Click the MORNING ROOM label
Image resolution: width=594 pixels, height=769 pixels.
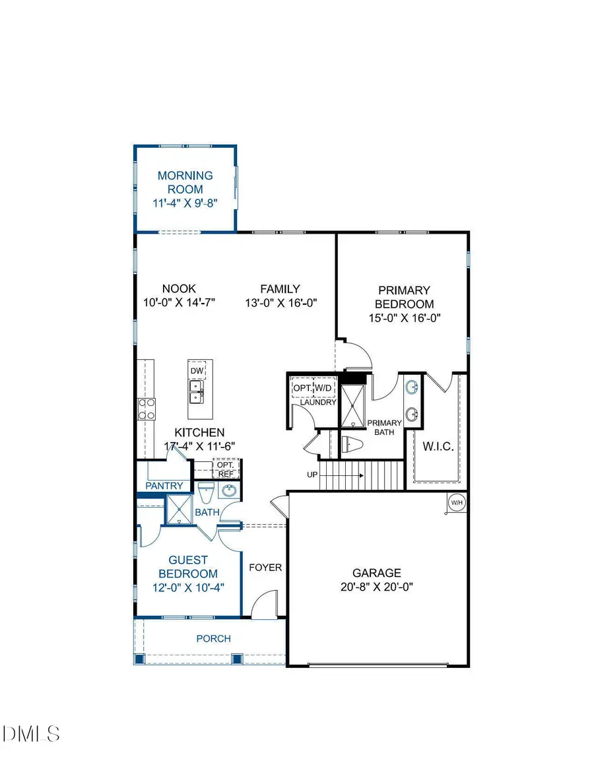(185, 182)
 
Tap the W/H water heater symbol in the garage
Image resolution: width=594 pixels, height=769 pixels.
(456, 503)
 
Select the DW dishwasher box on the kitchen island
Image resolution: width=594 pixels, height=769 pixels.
(197, 370)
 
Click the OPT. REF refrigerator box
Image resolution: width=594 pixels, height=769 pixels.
(225, 469)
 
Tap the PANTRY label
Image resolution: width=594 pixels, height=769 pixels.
(164, 486)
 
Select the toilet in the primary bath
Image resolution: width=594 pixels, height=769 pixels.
(352, 445)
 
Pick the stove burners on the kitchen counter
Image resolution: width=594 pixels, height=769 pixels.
(146, 409)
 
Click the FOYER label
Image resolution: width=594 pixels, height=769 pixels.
(265, 567)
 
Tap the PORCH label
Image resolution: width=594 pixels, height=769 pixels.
(214, 638)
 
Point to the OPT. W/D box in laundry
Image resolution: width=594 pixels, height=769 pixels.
(314, 387)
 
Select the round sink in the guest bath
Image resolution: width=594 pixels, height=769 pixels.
(229, 492)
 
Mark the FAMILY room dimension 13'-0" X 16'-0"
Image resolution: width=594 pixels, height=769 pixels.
(280, 302)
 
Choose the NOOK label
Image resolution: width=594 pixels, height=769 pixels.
(179, 288)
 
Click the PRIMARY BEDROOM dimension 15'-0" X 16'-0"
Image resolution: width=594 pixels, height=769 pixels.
(404, 317)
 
